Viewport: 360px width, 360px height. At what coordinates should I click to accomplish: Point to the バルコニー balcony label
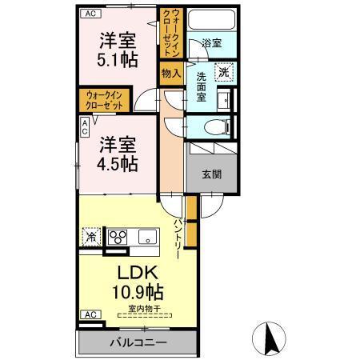pyautogui.click(x=138, y=343)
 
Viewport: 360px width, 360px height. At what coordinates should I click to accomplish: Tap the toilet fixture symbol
pyautogui.click(x=214, y=126)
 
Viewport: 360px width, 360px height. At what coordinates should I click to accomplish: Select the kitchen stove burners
pyautogui.click(x=118, y=237)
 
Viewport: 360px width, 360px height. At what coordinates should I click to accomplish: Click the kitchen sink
pyautogui.click(x=148, y=236)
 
